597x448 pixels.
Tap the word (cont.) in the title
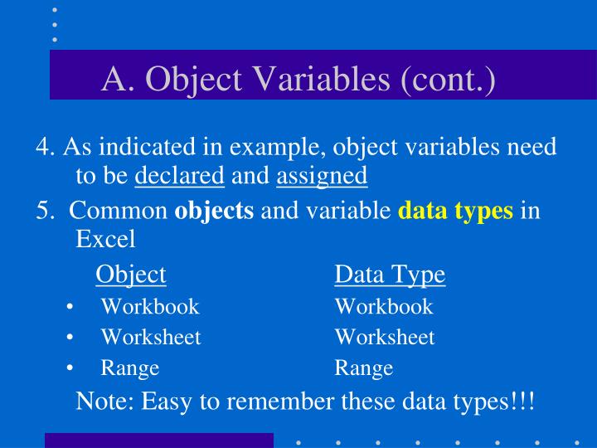pyautogui.click(x=448, y=80)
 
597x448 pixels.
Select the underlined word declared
pyautogui.click(x=179, y=176)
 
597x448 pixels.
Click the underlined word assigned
pyautogui.click(x=322, y=176)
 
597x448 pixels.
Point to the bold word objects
pyautogui.click(x=214, y=210)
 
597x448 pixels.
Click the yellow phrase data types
pyautogui.click(x=456, y=210)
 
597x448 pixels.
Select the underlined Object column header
pyautogui.click(x=131, y=275)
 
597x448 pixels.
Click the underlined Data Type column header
pyautogui.click(x=390, y=275)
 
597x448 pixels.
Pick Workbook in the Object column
pyautogui.click(x=150, y=307)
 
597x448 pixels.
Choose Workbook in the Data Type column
pyautogui.click(x=384, y=307)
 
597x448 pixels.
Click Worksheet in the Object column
pyautogui.click(x=151, y=338)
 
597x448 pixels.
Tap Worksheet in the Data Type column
pyautogui.click(x=385, y=338)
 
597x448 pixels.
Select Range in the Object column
pyautogui.click(x=130, y=368)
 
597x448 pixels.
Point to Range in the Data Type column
pyautogui.click(x=364, y=368)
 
